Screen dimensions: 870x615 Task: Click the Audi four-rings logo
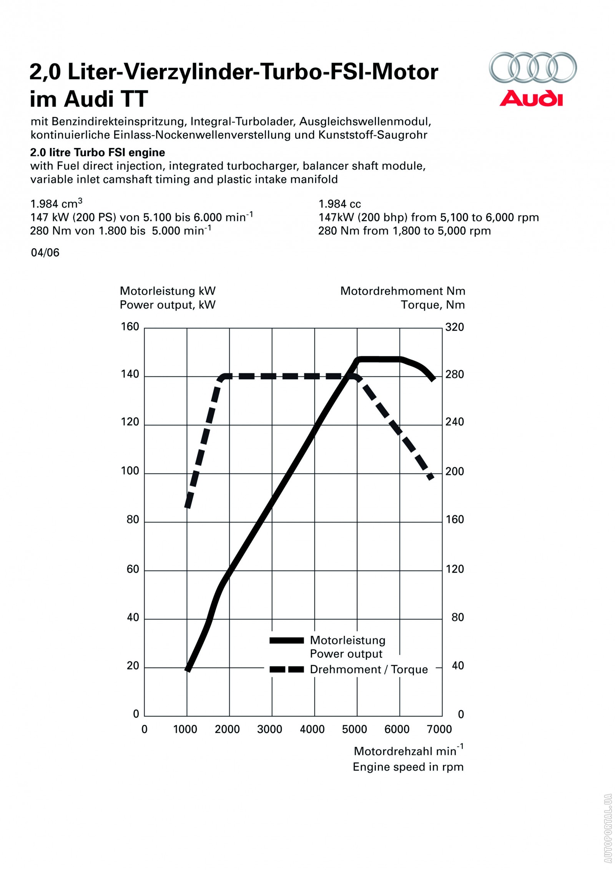(532, 67)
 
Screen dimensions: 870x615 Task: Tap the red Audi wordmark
(531, 98)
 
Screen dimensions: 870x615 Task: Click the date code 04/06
(45, 252)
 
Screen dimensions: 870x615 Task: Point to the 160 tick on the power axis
(130, 327)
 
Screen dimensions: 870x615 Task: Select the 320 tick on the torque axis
(455, 327)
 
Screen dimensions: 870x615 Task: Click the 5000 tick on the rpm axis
(354, 729)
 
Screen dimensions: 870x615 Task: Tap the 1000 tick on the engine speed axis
(185, 729)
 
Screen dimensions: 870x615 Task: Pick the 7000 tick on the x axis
(439, 729)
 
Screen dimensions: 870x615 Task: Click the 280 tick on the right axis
(455, 374)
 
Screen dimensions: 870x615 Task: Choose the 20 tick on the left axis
(133, 666)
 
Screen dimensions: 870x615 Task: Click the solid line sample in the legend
(286, 640)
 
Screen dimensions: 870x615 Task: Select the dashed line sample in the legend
(286, 669)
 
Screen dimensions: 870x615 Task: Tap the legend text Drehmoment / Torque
(369, 669)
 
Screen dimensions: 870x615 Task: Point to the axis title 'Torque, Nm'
(432, 305)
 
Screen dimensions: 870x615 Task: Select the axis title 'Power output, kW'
(168, 305)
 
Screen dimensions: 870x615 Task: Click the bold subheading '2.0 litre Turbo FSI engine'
(98, 153)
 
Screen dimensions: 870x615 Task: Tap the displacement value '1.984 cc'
(340, 204)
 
